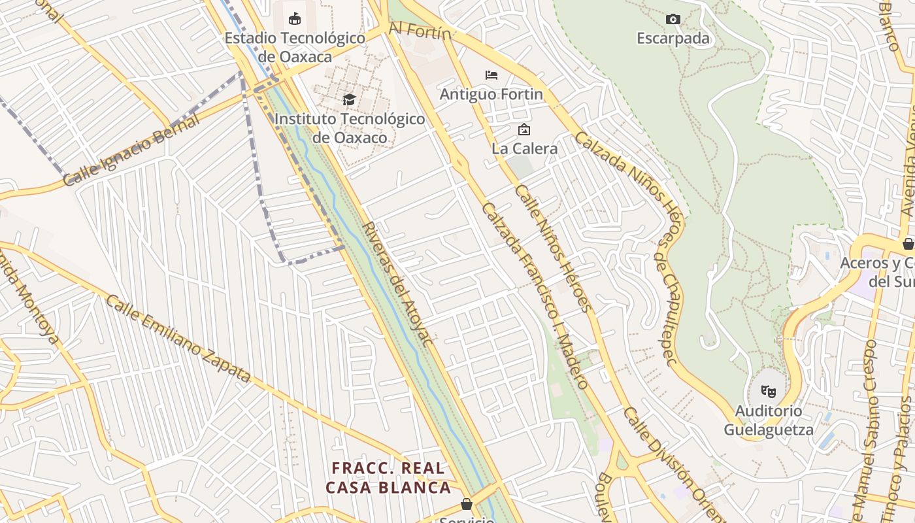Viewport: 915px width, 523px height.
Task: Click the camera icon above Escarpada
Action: click(673, 19)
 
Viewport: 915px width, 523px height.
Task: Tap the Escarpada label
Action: click(673, 39)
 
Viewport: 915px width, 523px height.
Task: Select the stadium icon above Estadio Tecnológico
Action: click(295, 18)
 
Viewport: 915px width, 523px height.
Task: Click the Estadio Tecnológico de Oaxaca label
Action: click(295, 47)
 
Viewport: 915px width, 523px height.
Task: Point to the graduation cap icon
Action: click(349, 99)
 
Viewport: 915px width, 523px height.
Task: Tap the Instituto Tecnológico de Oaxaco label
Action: click(349, 128)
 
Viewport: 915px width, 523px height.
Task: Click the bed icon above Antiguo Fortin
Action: click(491, 75)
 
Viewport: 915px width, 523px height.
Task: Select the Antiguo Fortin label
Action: click(491, 94)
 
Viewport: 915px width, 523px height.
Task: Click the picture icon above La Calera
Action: click(524, 129)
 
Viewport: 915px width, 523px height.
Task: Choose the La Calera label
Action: click(525, 148)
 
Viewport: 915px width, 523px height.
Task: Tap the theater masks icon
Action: click(769, 392)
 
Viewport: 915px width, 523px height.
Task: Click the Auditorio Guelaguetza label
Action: click(769, 420)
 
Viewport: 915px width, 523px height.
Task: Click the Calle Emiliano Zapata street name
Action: click(178, 339)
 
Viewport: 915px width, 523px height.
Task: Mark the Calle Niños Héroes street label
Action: click(552, 248)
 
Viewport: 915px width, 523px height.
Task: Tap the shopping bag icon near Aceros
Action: click(908, 244)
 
